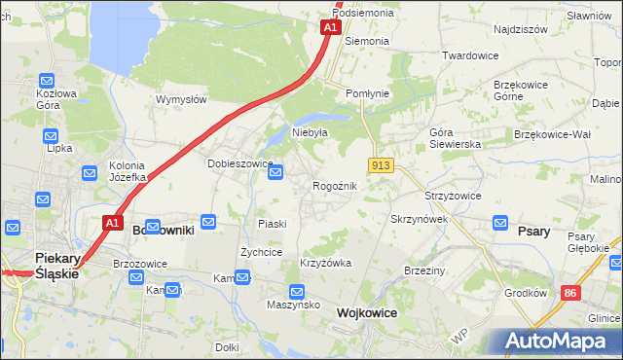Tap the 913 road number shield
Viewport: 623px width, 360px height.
tap(381, 165)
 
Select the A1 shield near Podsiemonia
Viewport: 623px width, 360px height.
tap(330, 27)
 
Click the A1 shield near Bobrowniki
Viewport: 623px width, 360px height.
tap(112, 223)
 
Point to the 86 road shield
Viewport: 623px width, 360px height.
tap(568, 292)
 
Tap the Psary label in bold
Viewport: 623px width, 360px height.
tap(534, 232)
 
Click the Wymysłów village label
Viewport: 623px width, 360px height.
tap(181, 99)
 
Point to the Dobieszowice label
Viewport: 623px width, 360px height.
tap(238, 163)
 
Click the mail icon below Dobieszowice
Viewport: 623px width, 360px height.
tap(275, 173)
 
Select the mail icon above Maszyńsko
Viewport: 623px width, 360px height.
tap(297, 291)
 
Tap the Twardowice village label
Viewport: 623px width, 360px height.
tap(470, 55)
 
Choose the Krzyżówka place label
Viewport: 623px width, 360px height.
tap(326, 264)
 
